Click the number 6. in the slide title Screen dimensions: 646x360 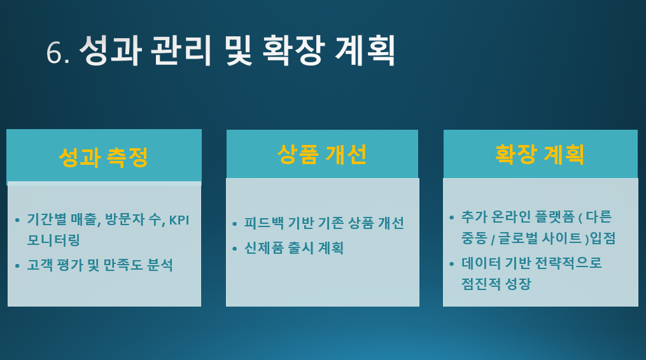click(58, 52)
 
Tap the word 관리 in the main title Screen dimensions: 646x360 click(181, 50)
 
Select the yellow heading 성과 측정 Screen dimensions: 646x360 click(103, 157)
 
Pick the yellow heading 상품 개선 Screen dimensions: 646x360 click(322, 155)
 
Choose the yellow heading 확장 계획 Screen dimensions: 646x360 click(540, 155)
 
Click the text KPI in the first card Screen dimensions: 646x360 click(179, 220)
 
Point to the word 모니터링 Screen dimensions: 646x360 click(53, 240)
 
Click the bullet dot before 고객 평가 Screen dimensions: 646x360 click(17, 266)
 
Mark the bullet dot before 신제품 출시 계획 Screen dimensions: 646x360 click(235, 249)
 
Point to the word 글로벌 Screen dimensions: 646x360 click(518, 238)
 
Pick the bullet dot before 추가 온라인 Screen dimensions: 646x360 click(452, 218)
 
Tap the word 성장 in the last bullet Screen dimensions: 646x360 click(518, 284)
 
